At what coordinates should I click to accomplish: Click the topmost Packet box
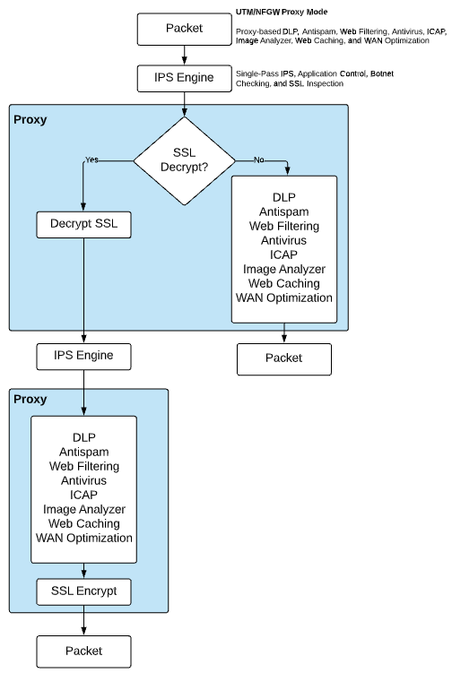pyautogui.click(x=184, y=28)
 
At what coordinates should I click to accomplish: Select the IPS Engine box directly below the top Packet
pyautogui.click(x=184, y=78)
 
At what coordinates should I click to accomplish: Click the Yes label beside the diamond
pyautogui.click(x=91, y=160)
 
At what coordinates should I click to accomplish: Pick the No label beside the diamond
pyautogui.click(x=259, y=160)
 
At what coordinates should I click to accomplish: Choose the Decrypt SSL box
pyautogui.click(x=83, y=224)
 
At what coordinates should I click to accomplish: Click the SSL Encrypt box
pyautogui.click(x=83, y=591)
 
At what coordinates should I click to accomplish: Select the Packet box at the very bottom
pyautogui.click(x=83, y=650)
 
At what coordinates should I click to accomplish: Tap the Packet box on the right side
pyautogui.click(x=284, y=358)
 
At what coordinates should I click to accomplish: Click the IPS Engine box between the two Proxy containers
pyautogui.click(x=83, y=356)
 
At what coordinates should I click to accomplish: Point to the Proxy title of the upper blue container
pyautogui.click(x=30, y=118)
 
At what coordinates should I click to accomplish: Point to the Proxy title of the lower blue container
pyautogui.click(x=30, y=399)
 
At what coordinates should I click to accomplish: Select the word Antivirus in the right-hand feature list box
pyautogui.click(x=284, y=240)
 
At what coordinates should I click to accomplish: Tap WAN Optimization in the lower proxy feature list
pyautogui.click(x=84, y=538)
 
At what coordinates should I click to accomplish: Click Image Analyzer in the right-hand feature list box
pyautogui.click(x=284, y=269)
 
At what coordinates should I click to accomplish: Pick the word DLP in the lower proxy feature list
pyautogui.click(x=84, y=437)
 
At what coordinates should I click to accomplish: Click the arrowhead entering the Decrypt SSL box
pyautogui.click(x=83, y=208)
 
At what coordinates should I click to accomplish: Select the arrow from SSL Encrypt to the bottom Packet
pyautogui.click(x=83, y=620)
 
